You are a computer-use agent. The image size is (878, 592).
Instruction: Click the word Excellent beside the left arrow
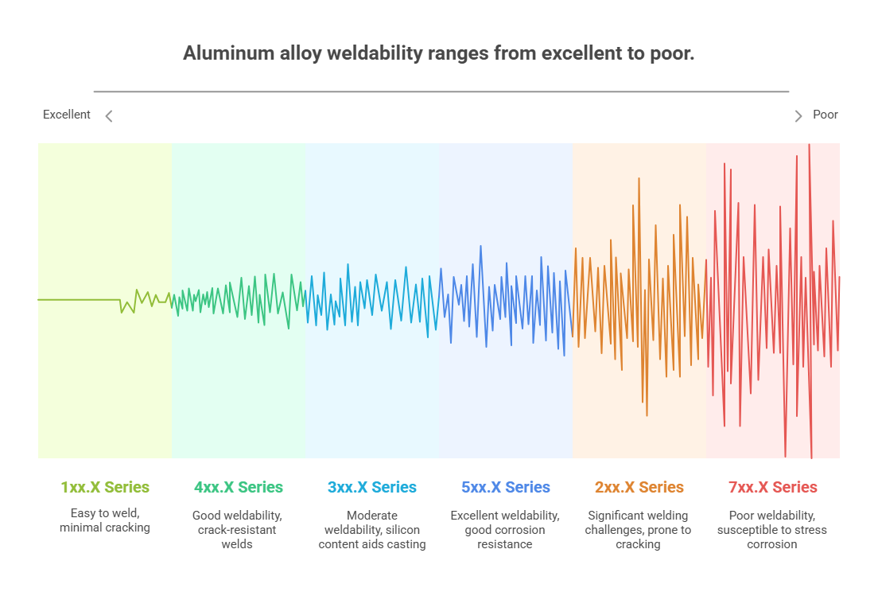tap(67, 115)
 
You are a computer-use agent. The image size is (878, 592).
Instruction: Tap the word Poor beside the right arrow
tap(825, 115)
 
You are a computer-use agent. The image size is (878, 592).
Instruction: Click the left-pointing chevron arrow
tap(109, 116)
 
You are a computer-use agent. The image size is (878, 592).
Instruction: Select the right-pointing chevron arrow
tap(798, 116)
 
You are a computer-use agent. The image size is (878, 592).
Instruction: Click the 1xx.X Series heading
tap(105, 487)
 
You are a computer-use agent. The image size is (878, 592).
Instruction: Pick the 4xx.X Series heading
tap(238, 487)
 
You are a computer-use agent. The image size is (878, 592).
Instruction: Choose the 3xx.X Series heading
tap(371, 487)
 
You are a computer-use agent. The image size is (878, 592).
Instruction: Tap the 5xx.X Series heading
tap(505, 487)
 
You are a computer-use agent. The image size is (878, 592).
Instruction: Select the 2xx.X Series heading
tap(639, 487)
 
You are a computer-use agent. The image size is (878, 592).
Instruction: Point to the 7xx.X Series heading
tap(772, 487)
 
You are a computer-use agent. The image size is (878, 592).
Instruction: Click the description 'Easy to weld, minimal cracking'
tap(105, 521)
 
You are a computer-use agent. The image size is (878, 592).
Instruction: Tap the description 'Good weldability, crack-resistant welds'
tap(237, 530)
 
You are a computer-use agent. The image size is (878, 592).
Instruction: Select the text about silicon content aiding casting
tap(372, 530)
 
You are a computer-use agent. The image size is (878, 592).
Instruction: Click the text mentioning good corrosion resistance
tap(505, 530)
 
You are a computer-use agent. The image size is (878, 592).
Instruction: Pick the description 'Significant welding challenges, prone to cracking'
tap(638, 530)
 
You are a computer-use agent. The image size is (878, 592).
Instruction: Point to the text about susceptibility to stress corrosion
tap(771, 530)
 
